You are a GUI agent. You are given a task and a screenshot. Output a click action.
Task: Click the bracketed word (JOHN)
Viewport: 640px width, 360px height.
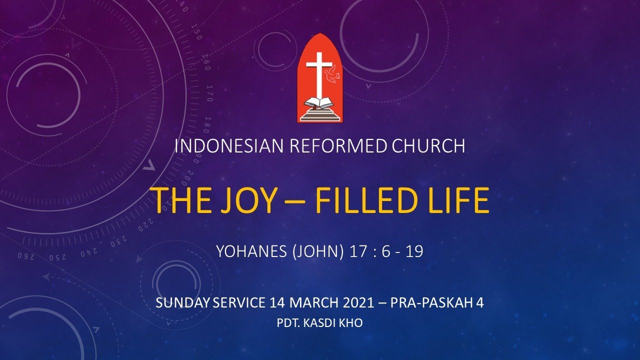point(319,251)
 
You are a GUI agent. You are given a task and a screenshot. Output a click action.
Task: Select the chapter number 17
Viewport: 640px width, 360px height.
point(358,251)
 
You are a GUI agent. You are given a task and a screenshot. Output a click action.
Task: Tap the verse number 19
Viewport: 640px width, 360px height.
point(414,251)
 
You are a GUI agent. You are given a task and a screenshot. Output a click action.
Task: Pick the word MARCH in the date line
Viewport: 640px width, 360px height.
point(310,303)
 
